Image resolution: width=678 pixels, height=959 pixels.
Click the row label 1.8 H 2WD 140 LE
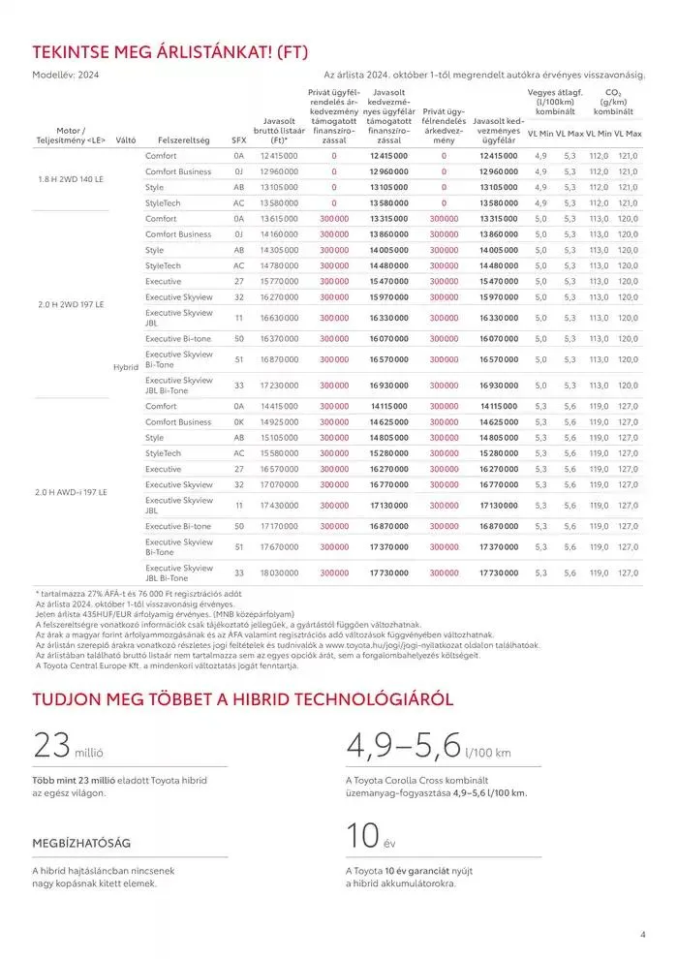tap(69, 179)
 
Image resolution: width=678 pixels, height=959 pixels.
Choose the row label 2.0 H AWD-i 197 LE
tap(69, 492)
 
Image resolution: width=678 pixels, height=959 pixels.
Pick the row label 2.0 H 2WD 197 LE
tap(69, 304)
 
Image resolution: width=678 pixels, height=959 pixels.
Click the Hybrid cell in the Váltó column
tap(127, 367)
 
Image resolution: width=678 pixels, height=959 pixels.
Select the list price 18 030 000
tap(279, 573)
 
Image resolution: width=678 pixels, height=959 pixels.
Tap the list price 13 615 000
tap(279, 219)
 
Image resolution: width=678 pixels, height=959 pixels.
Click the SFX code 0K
tap(238, 422)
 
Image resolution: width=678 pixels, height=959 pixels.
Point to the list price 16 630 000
tap(279, 318)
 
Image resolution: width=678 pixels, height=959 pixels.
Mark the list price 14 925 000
tap(279, 422)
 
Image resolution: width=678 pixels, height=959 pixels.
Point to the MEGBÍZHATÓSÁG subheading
tap(81, 843)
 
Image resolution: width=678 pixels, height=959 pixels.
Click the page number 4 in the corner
tap(643, 935)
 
